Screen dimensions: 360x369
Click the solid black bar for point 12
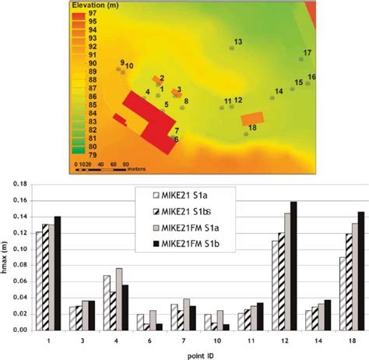click(293, 266)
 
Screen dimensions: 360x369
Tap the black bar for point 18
click(360, 270)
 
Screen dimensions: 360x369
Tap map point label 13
click(238, 41)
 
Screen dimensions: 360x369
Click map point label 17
click(307, 52)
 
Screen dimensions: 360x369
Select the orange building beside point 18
click(252, 119)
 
